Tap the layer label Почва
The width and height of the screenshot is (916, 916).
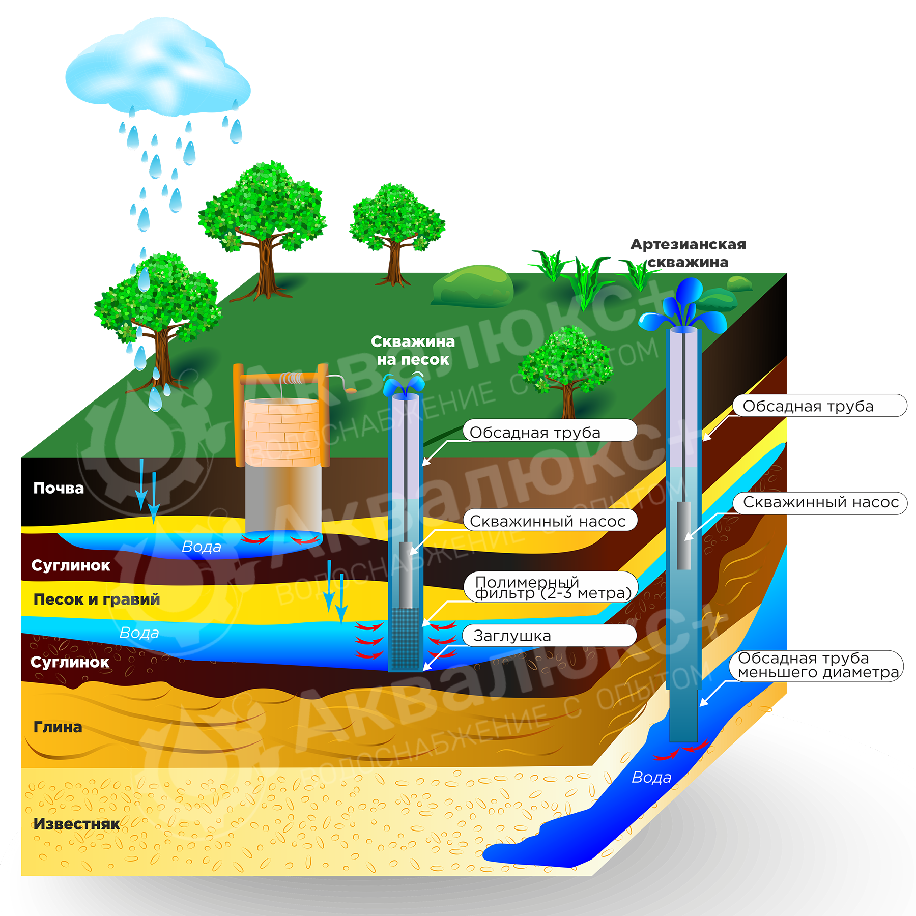59,488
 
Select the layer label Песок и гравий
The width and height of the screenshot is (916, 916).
97,599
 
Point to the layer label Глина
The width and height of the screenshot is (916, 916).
58,727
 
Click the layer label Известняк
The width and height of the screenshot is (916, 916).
76,823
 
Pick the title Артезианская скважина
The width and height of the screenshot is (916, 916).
688,253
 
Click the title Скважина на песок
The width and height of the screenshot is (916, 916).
413,350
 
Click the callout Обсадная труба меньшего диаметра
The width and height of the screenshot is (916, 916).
816,666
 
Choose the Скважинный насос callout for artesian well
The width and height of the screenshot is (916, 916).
820,503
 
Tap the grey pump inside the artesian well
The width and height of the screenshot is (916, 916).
683,534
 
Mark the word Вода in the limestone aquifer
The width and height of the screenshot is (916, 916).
651,778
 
